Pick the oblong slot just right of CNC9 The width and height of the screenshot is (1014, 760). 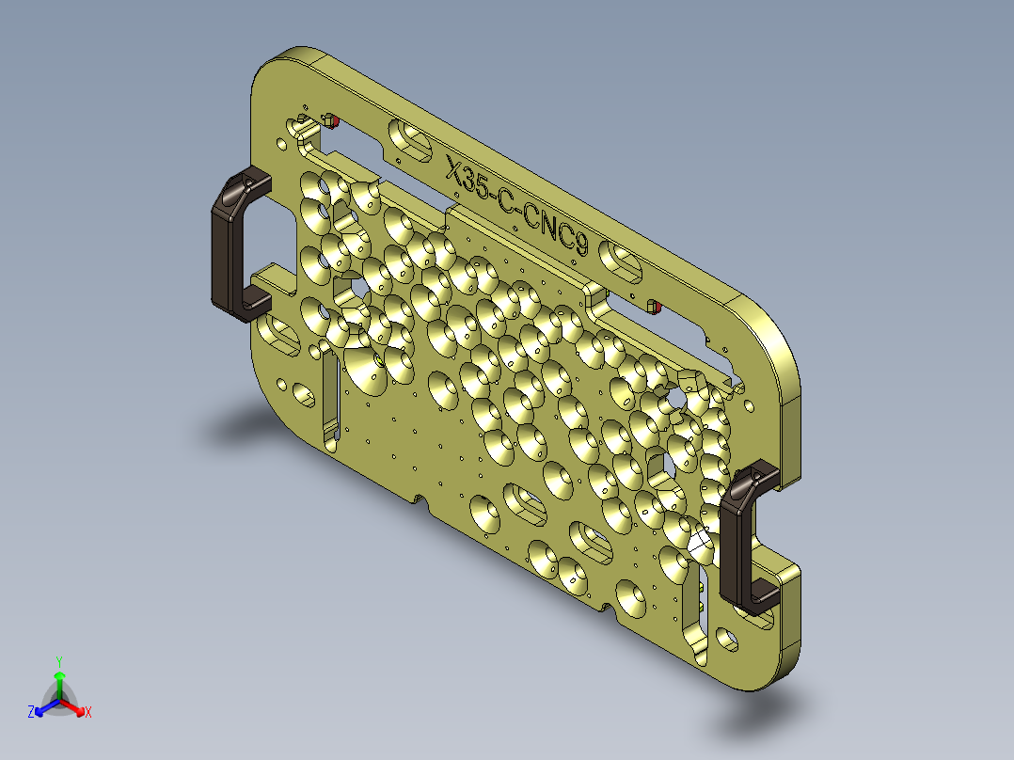click(x=623, y=261)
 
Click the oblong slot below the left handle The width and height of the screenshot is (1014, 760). click(x=279, y=332)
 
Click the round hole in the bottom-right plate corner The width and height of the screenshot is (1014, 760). click(x=728, y=640)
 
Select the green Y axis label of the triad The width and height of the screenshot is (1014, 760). click(x=58, y=660)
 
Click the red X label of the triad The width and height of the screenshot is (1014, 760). click(x=88, y=713)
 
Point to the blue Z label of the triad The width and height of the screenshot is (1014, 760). click(x=31, y=713)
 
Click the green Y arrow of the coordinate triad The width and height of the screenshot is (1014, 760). click(x=59, y=683)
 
